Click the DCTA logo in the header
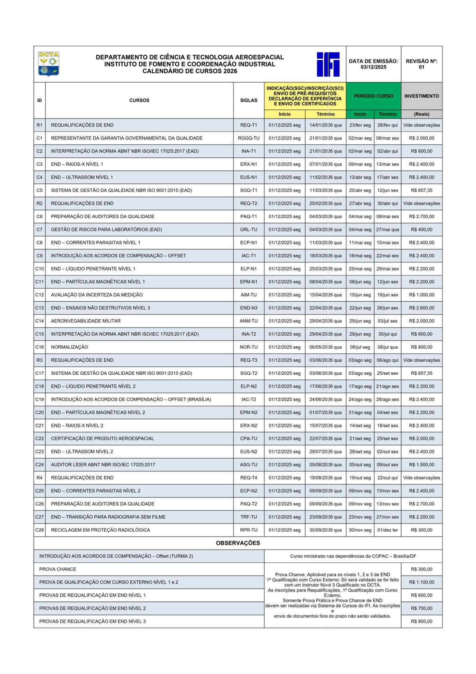pos(48,64)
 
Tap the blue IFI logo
pos(328,64)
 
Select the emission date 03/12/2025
pos(373,67)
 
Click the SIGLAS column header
pos(248,101)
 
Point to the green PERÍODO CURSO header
pos(373,96)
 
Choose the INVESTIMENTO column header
pos(421,96)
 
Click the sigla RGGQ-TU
pos(248,138)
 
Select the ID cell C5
pos(39,191)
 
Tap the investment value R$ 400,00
pos(421,230)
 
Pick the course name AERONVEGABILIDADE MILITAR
pos(86,321)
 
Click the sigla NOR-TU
pos(248,347)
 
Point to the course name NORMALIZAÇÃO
pos(69,347)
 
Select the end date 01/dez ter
pos(387,530)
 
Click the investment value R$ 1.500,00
pos(421,465)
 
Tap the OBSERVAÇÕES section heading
pos(238,543)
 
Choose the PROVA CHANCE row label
pos(58,569)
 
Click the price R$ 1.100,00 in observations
pos(421,582)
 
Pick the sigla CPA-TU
pos(248,439)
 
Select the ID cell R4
pos(39,478)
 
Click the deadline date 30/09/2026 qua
pos(325,530)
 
